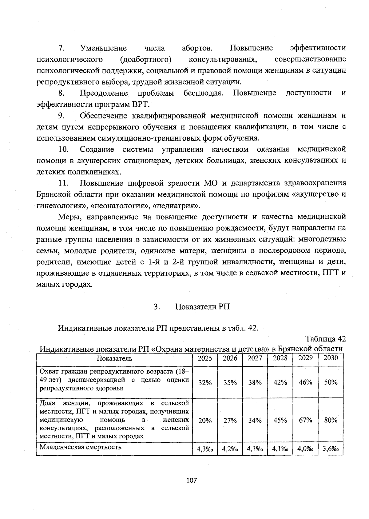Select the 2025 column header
click(205, 358)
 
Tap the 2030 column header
click(331, 358)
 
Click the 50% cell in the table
click(331, 382)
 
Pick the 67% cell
click(305, 421)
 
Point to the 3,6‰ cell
click(331, 449)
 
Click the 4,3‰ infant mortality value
click(205, 449)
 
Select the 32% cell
click(205, 383)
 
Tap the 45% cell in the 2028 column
click(280, 421)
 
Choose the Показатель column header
click(114, 358)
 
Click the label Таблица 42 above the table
click(325, 339)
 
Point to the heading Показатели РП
click(202, 307)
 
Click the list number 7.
click(61, 48)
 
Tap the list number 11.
click(63, 183)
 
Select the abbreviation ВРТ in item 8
click(140, 104)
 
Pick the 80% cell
click(331, 421)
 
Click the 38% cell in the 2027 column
click(255, 383)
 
